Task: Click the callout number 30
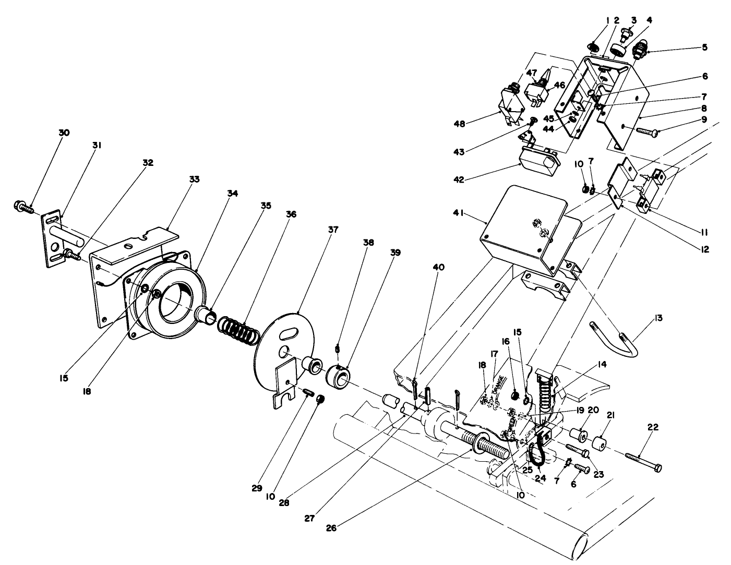pyautogui.click(x=63, y=133)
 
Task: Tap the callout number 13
pyautogui.click(x=659, y=318)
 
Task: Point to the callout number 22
pyautogui.click(x=653, y=427)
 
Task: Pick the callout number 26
pyautogui.click(x=331, y=527)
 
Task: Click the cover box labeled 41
pyautogui.click(x=522, y=230)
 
